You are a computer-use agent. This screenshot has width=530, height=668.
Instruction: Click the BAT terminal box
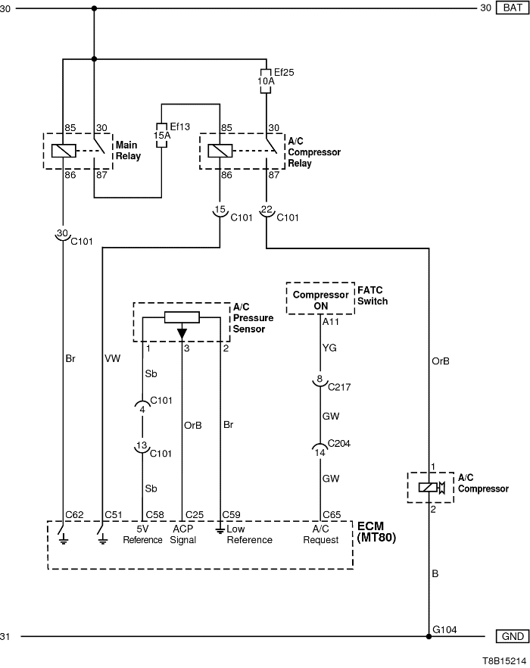click(511, 8)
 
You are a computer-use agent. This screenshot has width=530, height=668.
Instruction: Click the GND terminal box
click(511, 636)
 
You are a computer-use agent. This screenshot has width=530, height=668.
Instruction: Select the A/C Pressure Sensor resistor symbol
click(182, 317)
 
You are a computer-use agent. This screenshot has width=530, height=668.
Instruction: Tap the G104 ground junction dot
click(429, 636)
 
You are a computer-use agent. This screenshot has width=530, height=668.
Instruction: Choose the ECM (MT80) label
click(376, 532)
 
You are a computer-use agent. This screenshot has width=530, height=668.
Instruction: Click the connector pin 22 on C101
click(267, 211)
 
